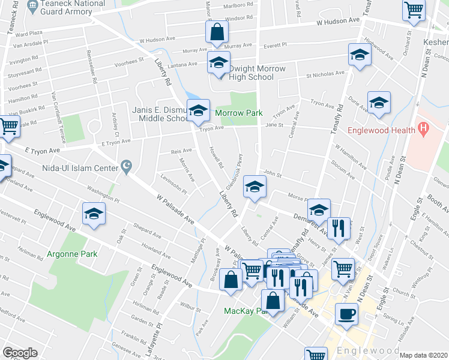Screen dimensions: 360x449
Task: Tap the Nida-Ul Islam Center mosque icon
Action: (x=126, y=166)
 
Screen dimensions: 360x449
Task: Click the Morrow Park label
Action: (x=239, y=113)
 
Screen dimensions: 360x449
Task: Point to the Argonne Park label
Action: (x=72, y=254)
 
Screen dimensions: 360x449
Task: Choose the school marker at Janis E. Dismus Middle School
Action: (x=198, y=110)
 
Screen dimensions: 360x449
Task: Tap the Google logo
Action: (x=20, y=353)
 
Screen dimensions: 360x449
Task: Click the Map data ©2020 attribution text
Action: (x=424, y=355)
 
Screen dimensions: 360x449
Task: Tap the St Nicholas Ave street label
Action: (x=326, y=74)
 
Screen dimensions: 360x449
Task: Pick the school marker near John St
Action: (x=255, y=187)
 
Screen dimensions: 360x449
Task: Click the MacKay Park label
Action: (x=243, y=311)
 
